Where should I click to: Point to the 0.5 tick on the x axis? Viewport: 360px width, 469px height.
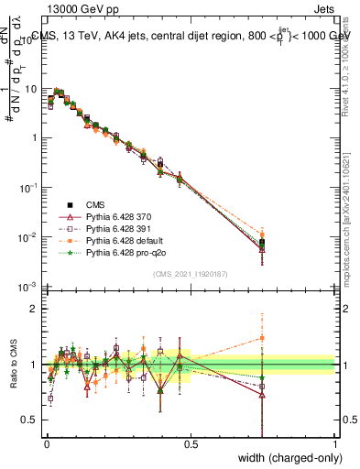191,444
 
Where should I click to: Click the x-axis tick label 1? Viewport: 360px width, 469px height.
335,444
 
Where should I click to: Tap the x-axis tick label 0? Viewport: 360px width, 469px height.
46,444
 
